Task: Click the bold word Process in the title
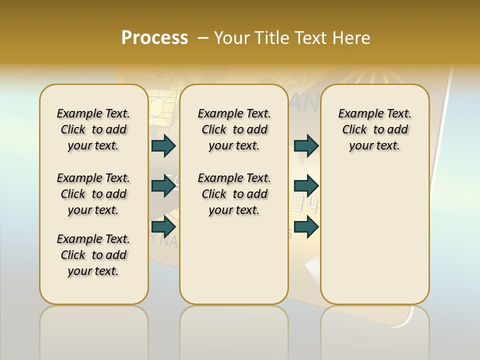pyautogui.click(x=154, y=38)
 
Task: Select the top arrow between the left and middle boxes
pyautogui.click(x=163, y=145)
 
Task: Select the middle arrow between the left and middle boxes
pyautogui.click(x=163, y=186)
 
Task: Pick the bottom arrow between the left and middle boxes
pyautogui.click(x=163, y=226)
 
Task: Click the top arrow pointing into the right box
pyautogui.click(x=306, y=145)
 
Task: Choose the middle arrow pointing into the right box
pyautogui.click(x=306, y=186)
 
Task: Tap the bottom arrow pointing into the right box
pyautogui.click(x=306, y=226)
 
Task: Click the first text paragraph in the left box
pyautogui.click(x=93, y=129)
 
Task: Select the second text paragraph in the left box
pyautogui.click(x=93, y=194)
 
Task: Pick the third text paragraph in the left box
pyautogui.click(x=93, y=255)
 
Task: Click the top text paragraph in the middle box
pyautogui.click(x=234, y=129)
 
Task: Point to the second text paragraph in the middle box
pyautogui.click(x=234, y=194)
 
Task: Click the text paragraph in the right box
pyautogui.click(x=374, y=129)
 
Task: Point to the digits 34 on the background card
pyautogui.click(x=304, y=204)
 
